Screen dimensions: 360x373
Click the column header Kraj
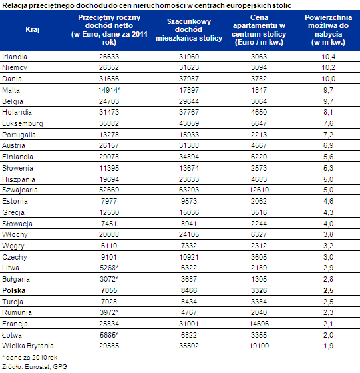point(33,29)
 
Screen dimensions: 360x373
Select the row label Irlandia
point(15,57)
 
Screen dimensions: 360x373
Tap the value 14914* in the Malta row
point(109,90)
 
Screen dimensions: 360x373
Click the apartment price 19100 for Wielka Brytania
point(259,346)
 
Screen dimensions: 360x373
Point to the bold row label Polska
point(13,290)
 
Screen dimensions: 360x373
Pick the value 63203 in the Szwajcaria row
point(189,190)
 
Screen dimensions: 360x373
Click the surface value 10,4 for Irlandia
point(329,57)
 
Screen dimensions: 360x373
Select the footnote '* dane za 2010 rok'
point(29,358)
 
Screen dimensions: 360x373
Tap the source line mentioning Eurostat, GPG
point(35,366)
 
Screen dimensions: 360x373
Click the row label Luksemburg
point(23,123)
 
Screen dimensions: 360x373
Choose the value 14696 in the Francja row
point(259,324)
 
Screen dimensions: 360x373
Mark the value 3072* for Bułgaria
point(109,279)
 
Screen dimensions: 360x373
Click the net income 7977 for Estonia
point(109,201)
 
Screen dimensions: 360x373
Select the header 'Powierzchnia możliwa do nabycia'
point(329,30)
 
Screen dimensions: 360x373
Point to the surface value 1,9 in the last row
point(329,346)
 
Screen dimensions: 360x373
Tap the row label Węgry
point(13,246)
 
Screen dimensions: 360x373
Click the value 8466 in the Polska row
point(189,290)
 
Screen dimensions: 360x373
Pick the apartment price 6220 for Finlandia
point(259,157)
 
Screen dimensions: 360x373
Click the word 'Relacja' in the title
point(15,5)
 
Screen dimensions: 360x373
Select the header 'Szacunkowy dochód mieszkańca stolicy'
point(189,30)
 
